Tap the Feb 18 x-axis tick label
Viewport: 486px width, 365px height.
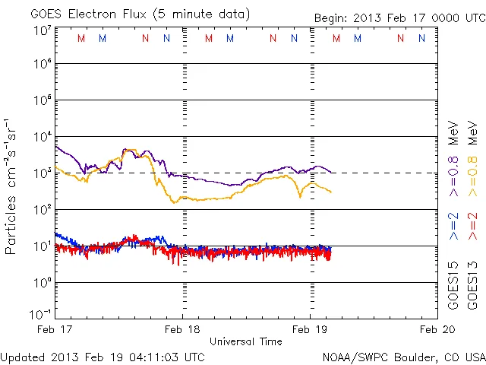[182, 329]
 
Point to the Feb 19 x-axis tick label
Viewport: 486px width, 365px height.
[310, 329]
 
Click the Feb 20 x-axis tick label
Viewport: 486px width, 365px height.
[437, 329]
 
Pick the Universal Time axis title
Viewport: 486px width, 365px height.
[246, 341]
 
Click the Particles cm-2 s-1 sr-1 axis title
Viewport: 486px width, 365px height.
[11, 186]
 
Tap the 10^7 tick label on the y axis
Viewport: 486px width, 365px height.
[41, 30]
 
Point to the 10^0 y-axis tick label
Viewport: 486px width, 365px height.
[41, 283]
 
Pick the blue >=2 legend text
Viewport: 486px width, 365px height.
[453, 227]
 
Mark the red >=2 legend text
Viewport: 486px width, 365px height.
[472, 227]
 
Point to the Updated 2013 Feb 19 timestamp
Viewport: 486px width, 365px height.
[103, 356]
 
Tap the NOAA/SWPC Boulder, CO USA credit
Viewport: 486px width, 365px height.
[404, 356]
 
